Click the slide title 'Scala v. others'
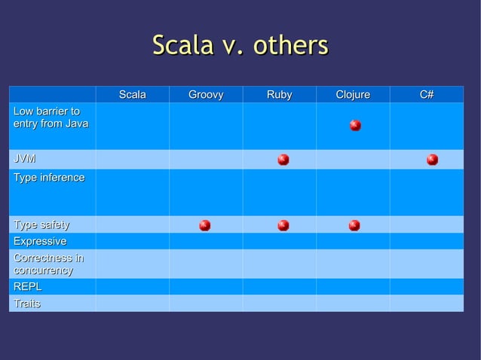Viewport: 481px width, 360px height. [x=240, y=45]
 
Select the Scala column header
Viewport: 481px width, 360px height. [x=132, y=95]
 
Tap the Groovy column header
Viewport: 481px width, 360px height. [x=206, y=95]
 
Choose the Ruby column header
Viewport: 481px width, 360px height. [x=279, y=95]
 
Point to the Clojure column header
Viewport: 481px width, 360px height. [x=353, y=95]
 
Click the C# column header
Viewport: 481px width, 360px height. [x=426, y=95]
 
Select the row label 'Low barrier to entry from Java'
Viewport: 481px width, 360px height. [x=51, y=117]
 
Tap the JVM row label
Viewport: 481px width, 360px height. [x=23, y=159]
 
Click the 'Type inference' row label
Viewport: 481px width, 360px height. [x=49, y=178]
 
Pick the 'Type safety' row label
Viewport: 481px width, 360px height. [x=41, y=224]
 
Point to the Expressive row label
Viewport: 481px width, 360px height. [x=39, y=241]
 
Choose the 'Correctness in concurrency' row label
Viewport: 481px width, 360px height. [x=48, y=264]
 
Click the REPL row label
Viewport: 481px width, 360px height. [x=27, y=287]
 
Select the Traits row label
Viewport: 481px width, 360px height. [x=27, y=304]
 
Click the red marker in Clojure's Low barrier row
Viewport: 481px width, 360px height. [x=355, y=125]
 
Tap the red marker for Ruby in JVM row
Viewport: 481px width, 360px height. [x=283, y=159]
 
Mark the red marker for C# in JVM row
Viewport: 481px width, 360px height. [x=432, y=159]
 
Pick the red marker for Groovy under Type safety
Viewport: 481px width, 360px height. [x=204, y=225]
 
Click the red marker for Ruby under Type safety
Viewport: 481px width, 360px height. [x=283, y=225]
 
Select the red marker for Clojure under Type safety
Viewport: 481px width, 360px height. [x=354, y=225]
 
